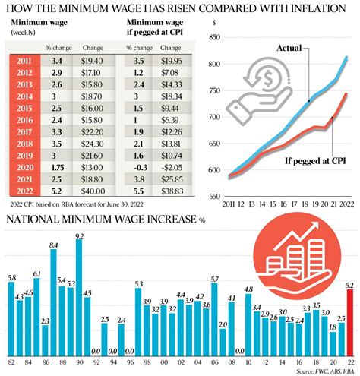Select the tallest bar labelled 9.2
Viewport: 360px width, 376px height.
tap(79, 297)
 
